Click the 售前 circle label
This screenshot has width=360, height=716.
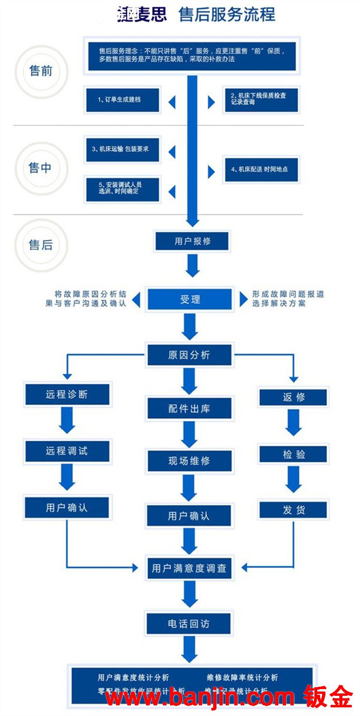[x=41, y=71]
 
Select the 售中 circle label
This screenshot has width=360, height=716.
[x=40, y=168]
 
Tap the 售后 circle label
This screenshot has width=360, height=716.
[x=41, y=245]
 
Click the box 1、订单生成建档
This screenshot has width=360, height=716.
[x=122, y=99]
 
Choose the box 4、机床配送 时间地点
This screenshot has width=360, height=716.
[x=262, y=169]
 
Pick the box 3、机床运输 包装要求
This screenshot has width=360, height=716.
[x=122, y=149]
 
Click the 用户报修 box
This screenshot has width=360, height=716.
[x=192, y=241]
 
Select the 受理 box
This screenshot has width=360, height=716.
[x=190, y=299]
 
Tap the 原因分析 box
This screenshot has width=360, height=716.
[x=190, y=355]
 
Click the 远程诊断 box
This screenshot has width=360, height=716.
[x=67, y=394]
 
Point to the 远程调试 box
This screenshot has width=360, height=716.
[x=67, y=451]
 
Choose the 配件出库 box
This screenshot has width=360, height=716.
[x=190, y=408]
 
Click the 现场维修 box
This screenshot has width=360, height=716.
[x=190, y=461]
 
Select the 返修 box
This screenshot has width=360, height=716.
[x=293, y=397]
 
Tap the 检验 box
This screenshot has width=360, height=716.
[x=293, y=454]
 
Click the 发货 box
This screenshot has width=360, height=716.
[x=293, y=510]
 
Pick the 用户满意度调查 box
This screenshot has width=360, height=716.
[x=190, y=569]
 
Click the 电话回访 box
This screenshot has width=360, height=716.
[x=189, y=624]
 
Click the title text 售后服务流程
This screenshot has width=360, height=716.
[x=227, y=15]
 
